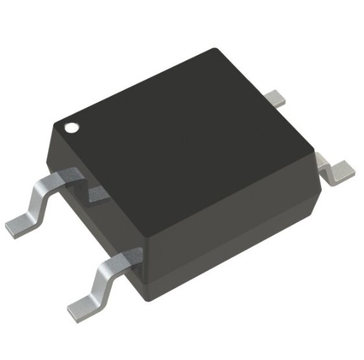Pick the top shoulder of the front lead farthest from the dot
(126, 257)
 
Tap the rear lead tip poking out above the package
(277, 98)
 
